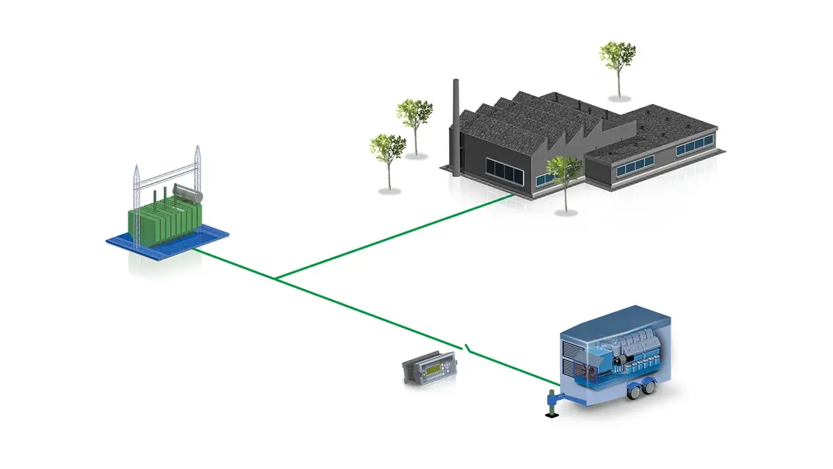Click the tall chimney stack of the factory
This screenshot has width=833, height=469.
456,125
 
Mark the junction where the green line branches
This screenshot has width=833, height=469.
276,279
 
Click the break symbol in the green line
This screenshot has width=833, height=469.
469,347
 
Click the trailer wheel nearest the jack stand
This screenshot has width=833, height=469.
635,393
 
